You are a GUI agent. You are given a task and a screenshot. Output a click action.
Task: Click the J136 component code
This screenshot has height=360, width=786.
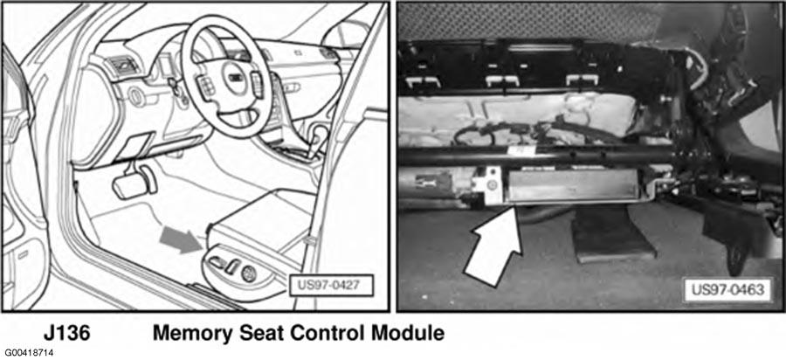67,333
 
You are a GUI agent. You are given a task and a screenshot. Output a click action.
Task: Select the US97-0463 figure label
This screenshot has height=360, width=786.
727,290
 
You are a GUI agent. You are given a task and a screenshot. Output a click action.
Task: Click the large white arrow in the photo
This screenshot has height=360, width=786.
495,248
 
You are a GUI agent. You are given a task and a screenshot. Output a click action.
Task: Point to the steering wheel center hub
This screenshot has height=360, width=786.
235,79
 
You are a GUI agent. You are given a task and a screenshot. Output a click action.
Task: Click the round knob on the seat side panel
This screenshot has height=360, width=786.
249,273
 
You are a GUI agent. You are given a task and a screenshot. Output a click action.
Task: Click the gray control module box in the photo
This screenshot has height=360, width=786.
572,185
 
